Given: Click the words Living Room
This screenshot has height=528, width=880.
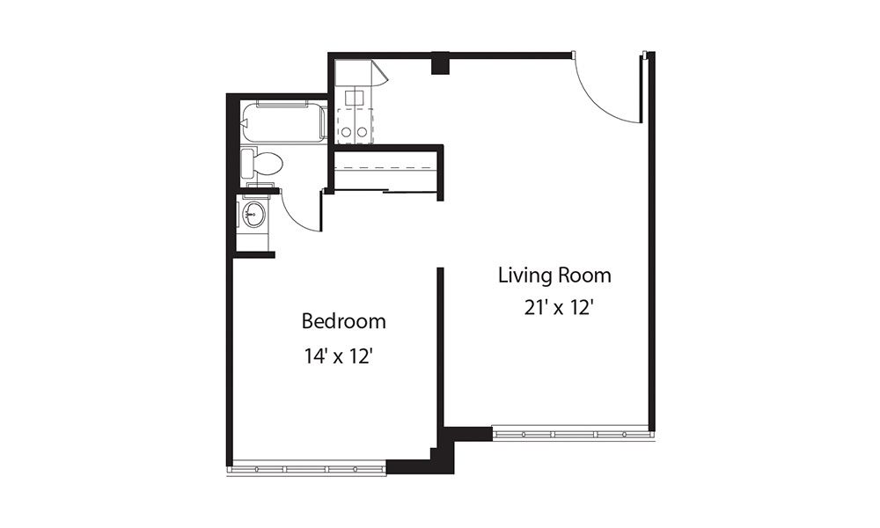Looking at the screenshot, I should [x=554, y=275].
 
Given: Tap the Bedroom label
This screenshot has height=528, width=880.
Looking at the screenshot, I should [x=343, y=321].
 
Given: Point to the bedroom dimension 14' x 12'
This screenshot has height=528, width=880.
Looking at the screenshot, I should [x=343, y=356].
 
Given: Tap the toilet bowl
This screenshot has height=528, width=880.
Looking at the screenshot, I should [x=268, y=163].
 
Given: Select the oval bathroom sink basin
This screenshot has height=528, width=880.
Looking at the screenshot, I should [x=255, y=214].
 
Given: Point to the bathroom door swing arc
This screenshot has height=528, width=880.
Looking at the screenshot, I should [x=304, y=216].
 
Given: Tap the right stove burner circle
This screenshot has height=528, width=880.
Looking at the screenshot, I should [x=362, y=132].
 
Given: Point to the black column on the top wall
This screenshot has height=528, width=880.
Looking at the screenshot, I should [x=440, y=63].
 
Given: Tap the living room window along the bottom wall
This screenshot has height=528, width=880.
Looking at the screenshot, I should [x=572, y=435].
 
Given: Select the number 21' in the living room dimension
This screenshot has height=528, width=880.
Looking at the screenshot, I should [x=533, y=309].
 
